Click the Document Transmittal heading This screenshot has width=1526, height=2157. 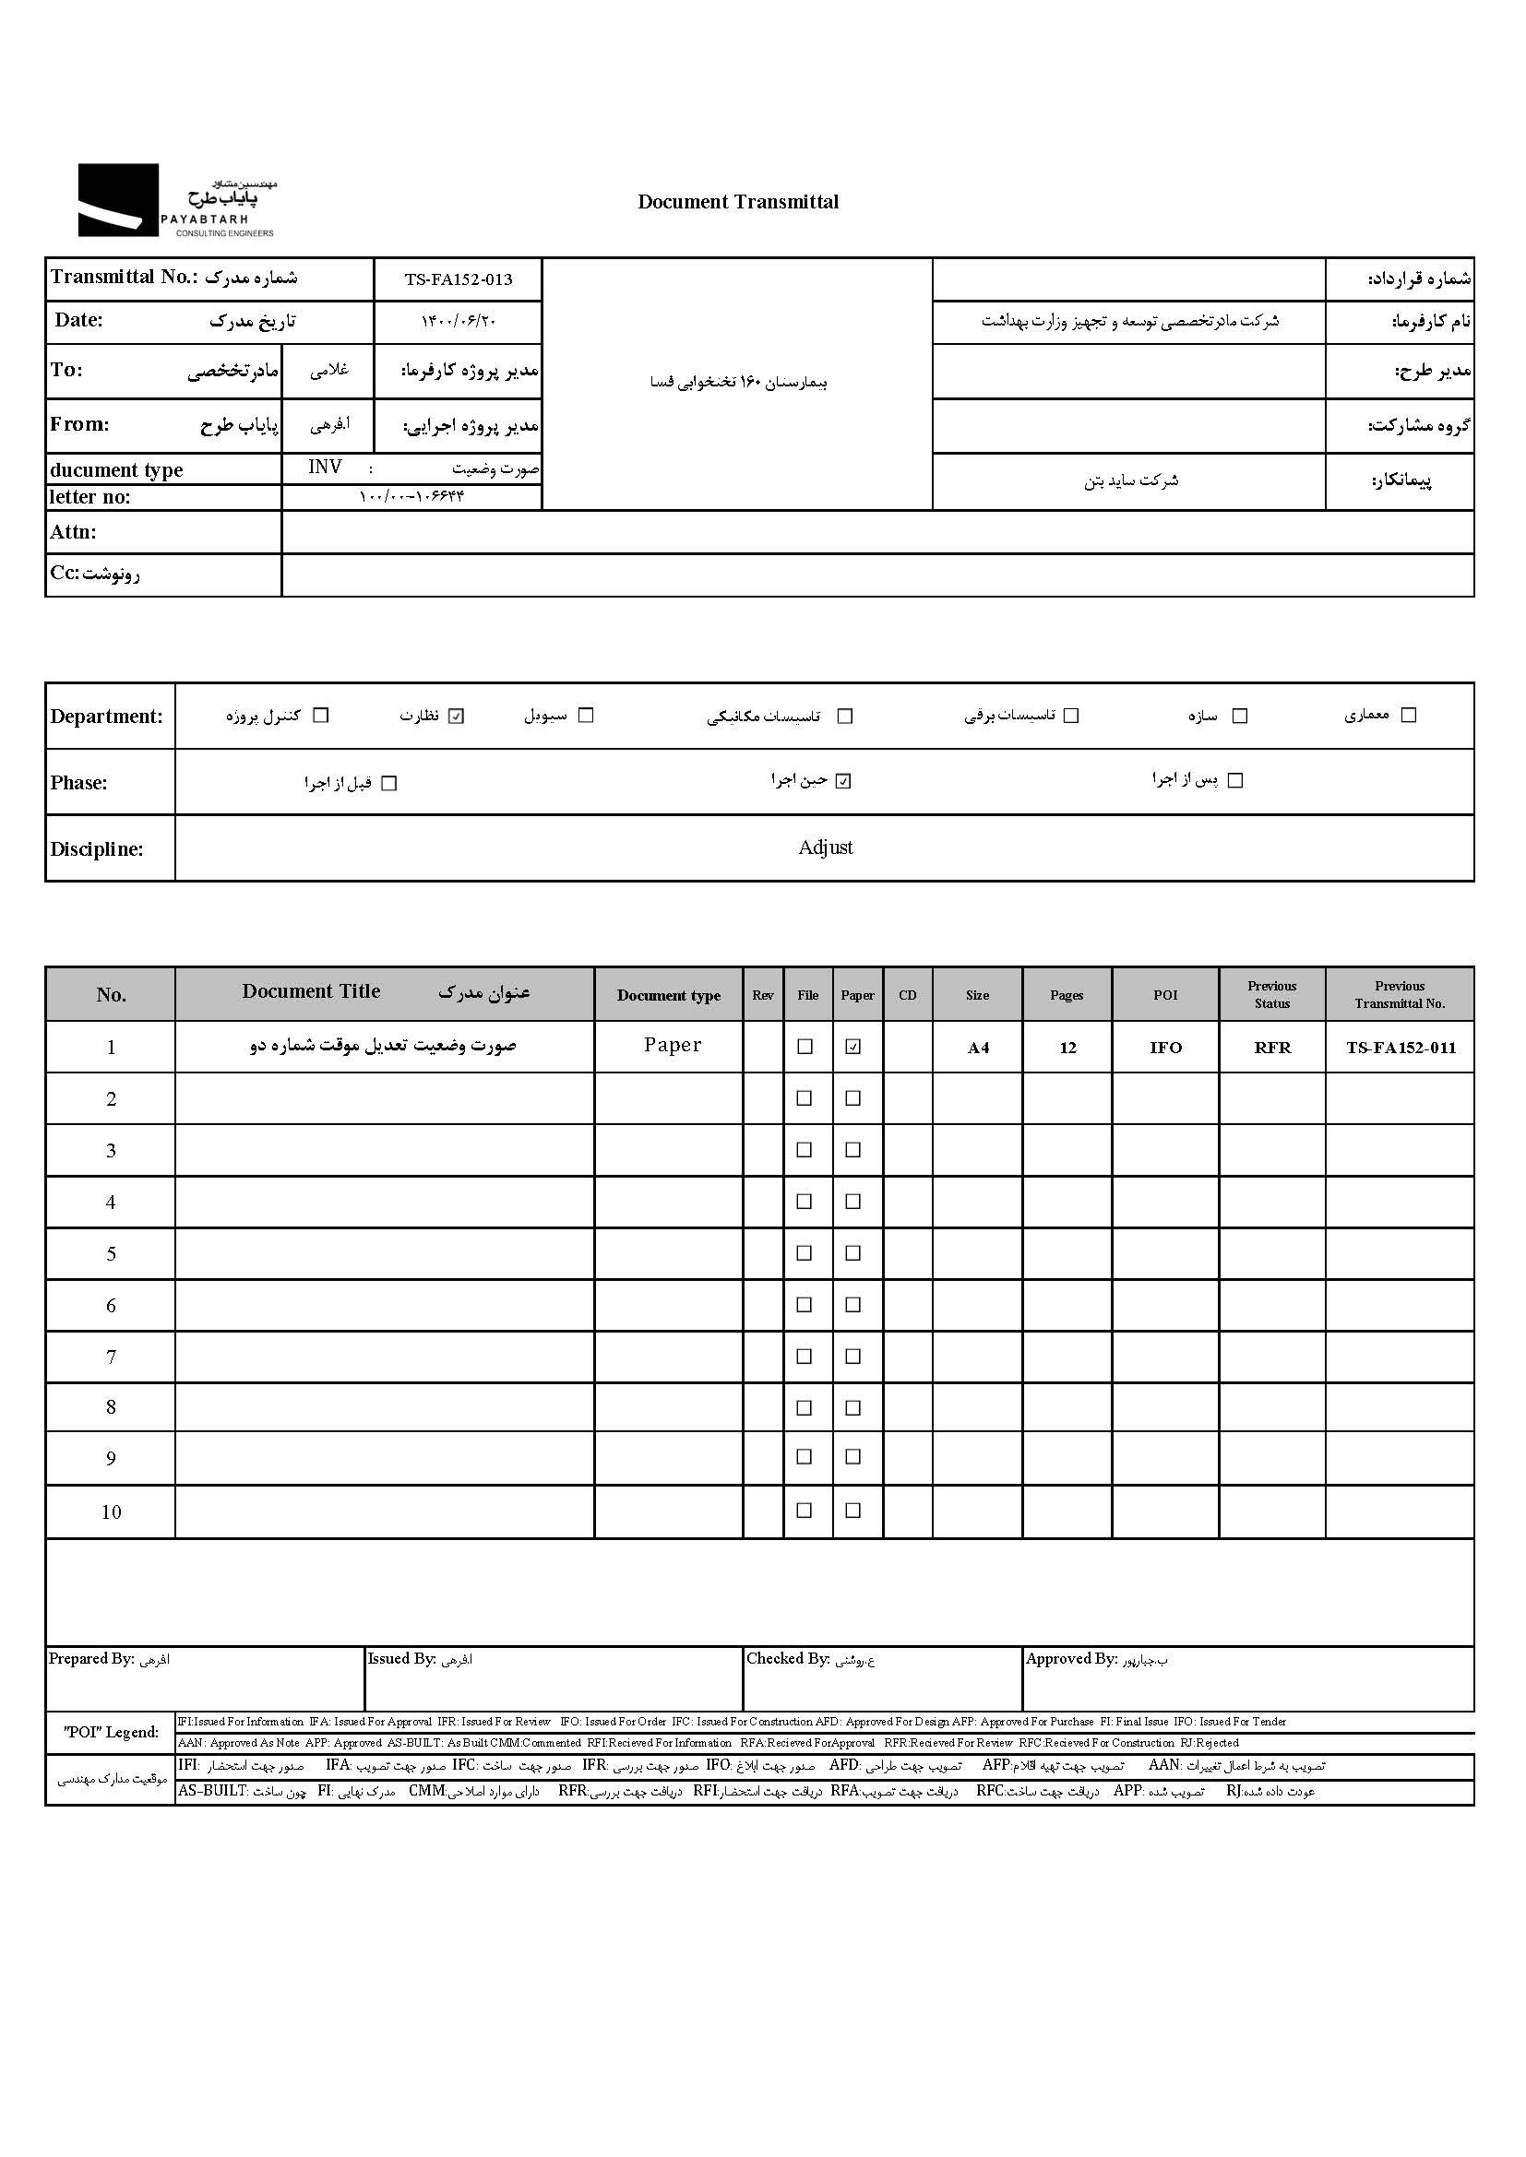tap(738, 201)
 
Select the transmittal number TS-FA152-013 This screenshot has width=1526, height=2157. tap(459, 279)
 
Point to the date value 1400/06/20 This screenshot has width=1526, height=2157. tap(459, 321)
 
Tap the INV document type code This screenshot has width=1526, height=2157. tap(325, 467)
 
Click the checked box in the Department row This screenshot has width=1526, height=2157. tap(457, 716)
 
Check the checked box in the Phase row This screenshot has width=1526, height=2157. tap(843, 782)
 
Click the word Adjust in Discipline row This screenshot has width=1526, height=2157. tap(825, 847)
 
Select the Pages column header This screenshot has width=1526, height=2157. tap(1067, 995)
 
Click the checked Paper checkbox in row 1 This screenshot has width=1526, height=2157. tap(853, 1047)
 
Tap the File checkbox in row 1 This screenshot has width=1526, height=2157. tap(805, 1047)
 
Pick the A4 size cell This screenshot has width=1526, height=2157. tap(978, 1048)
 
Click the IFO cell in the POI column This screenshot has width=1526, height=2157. tap(1165, 1048)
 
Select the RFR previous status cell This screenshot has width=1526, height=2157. tap(1272, 1048)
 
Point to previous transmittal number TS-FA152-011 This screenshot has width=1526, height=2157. tap(1401, 1048)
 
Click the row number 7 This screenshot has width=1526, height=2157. tap(111, 1357)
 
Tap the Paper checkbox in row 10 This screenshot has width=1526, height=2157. tap(853, 1511)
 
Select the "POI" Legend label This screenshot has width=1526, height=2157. tap(111, 1732)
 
